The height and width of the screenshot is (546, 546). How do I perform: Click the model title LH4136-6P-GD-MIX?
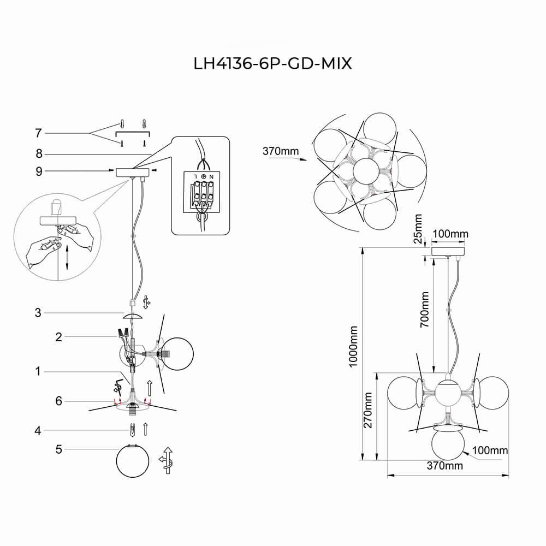272,64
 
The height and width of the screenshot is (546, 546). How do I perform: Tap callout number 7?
38,133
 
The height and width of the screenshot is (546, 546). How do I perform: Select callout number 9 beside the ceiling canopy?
38,171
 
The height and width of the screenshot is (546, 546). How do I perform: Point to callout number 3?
38,313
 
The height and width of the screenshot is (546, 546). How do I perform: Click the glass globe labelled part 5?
132,462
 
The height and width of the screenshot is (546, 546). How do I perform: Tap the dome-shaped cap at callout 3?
133,317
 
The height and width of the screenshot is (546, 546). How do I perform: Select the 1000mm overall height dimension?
354,346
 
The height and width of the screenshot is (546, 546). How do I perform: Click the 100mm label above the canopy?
450,234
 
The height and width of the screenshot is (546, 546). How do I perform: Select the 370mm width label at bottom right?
444,466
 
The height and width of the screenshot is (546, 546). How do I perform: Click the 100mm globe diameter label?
490,451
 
